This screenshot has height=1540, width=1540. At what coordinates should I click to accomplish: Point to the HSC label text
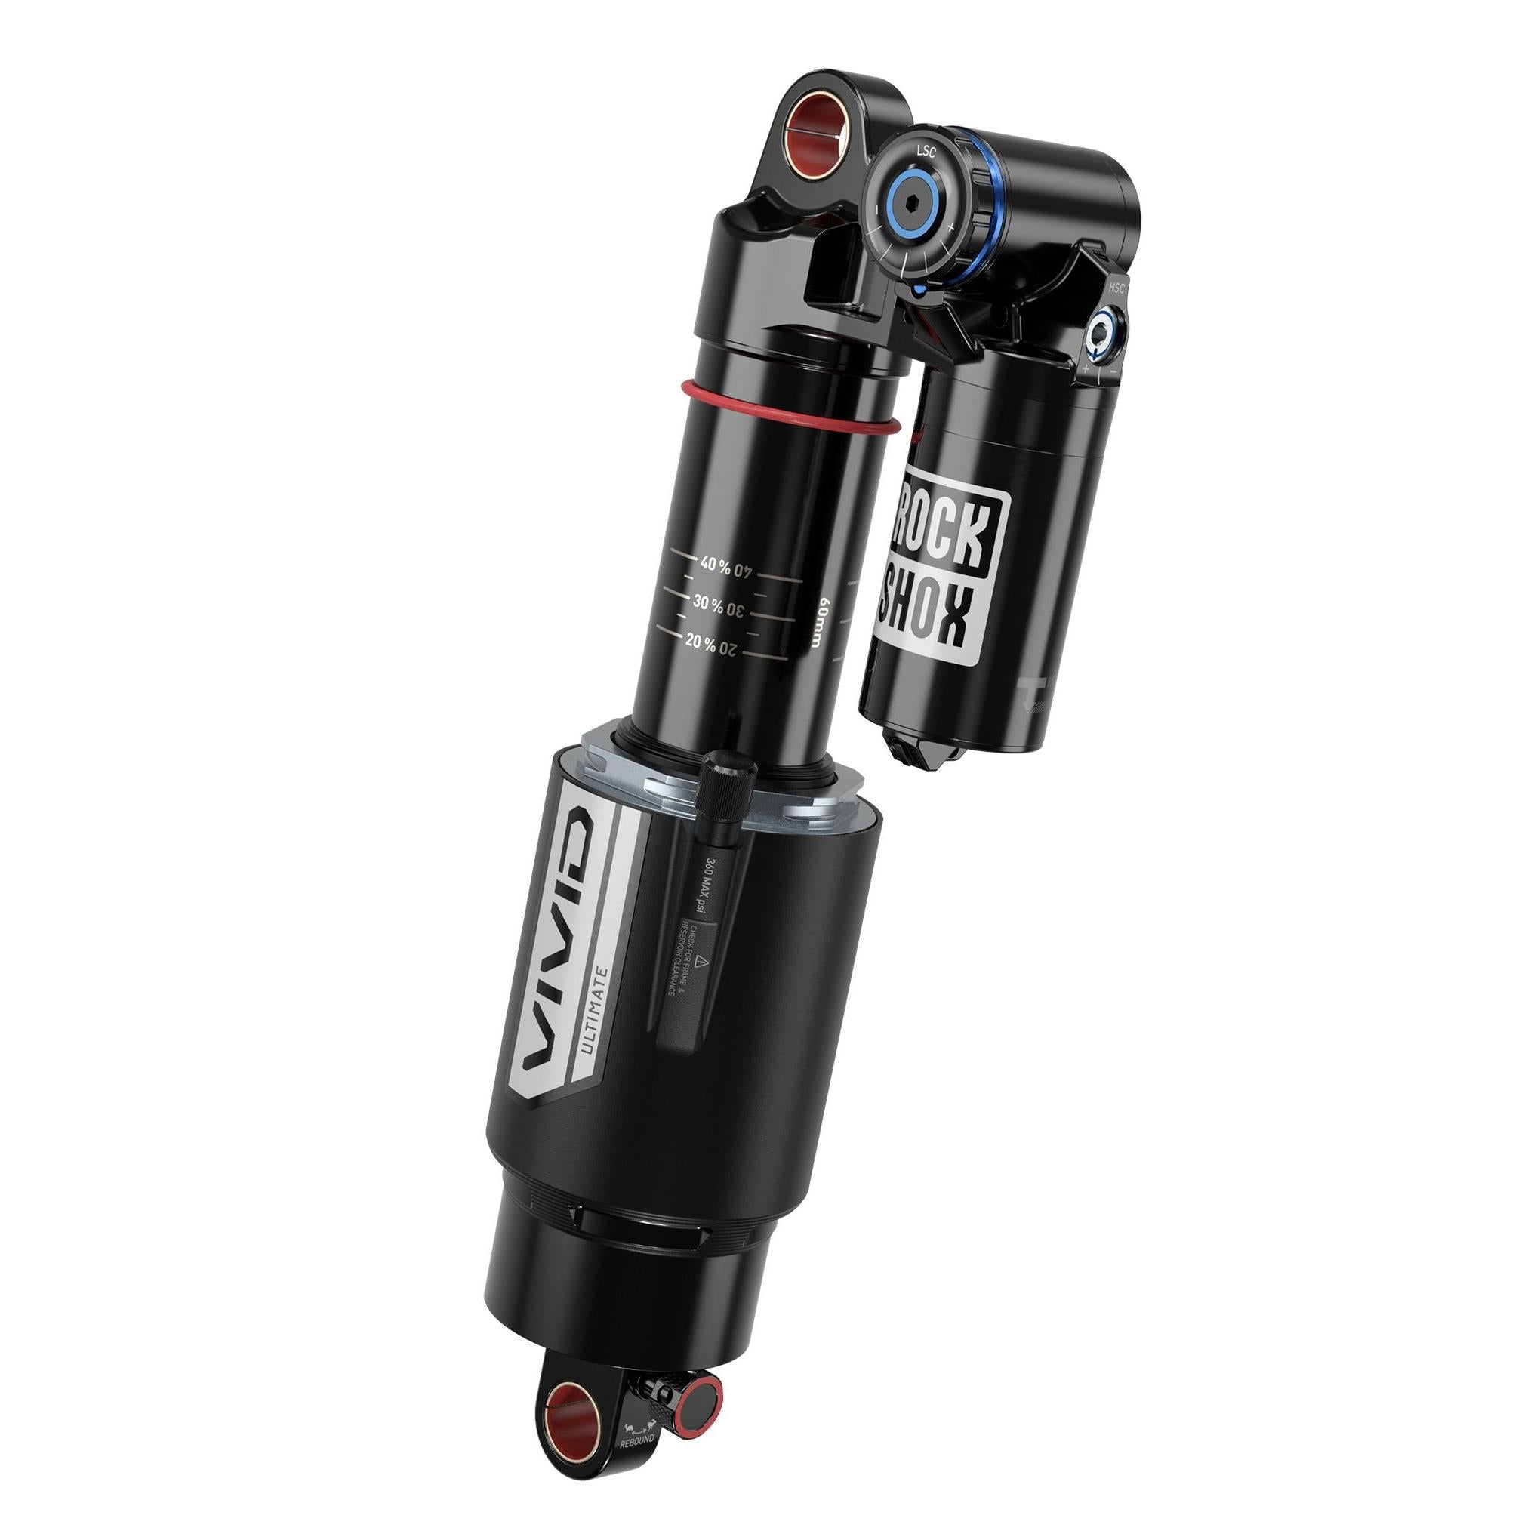tap(1116, 287)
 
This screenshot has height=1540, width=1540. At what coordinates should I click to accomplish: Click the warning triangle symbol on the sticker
tap(698, 965)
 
